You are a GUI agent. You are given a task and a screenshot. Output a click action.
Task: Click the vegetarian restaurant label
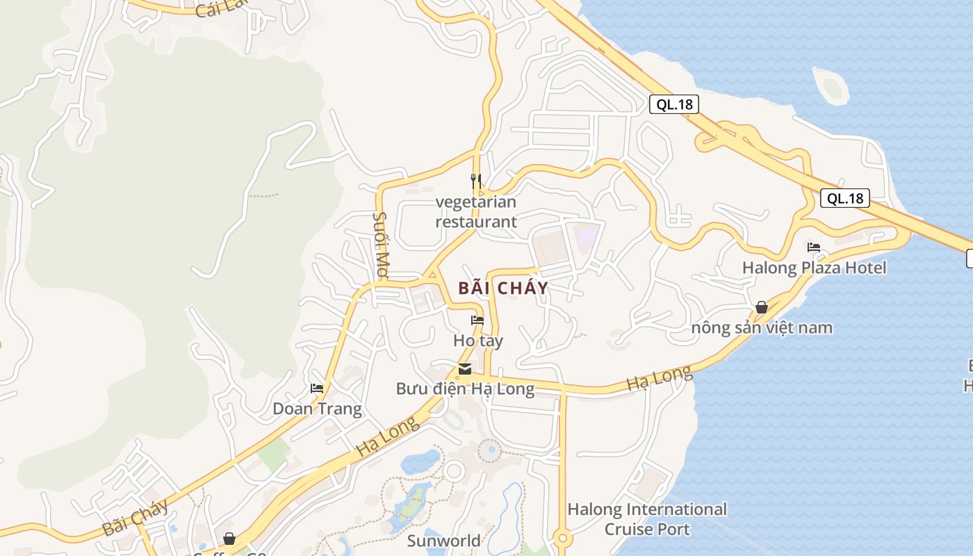(x=476, y=212)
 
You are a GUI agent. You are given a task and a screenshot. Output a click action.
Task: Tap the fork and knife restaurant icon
(x=476, y=181)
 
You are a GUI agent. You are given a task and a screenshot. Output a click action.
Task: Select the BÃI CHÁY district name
(x=503, y=288)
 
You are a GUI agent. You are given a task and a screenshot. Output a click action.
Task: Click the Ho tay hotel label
(x=477, y=341)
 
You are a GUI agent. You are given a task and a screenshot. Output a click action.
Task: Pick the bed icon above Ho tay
(x=477, y=320)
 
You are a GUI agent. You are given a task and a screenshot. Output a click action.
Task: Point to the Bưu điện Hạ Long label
(x=465, y=389)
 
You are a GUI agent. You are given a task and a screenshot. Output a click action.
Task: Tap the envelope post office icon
(x=465, y=369)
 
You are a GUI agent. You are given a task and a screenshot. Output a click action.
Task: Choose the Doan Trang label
(x=317, y=409)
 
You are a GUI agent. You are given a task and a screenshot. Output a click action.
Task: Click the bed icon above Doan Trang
(x=317, y=389)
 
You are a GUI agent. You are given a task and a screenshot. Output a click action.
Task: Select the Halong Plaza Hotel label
(x=814, y=268)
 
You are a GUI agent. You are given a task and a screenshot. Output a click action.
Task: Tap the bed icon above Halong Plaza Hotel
(x=814, y=247)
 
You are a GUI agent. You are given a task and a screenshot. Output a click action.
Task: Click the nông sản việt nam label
(x=762, y=327)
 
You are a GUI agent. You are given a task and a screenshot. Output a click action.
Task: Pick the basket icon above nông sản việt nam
(x=762, y=307)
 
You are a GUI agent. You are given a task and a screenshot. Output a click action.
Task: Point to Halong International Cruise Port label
(x=647, y=519)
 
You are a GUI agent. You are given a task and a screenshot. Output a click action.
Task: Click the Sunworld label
(x=443, y=541)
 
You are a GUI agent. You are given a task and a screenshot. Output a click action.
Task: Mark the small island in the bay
(x=831, y=85)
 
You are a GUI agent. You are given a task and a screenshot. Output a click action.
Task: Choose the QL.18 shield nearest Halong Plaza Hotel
(x=844, y=198)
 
